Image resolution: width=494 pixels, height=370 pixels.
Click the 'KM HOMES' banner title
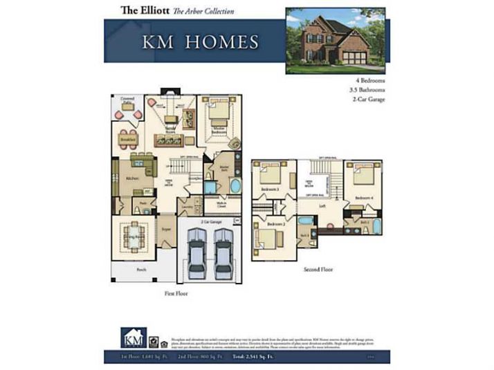(200, 42)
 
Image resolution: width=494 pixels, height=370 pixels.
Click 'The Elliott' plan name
(145, 10)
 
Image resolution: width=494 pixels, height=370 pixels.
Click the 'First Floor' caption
(177, 293)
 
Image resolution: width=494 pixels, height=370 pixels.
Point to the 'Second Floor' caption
(318, 269)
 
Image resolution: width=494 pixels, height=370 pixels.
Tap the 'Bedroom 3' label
(270, 189)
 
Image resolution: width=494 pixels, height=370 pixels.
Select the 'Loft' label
(322, 205)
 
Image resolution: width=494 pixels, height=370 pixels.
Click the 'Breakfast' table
(128, 135)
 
